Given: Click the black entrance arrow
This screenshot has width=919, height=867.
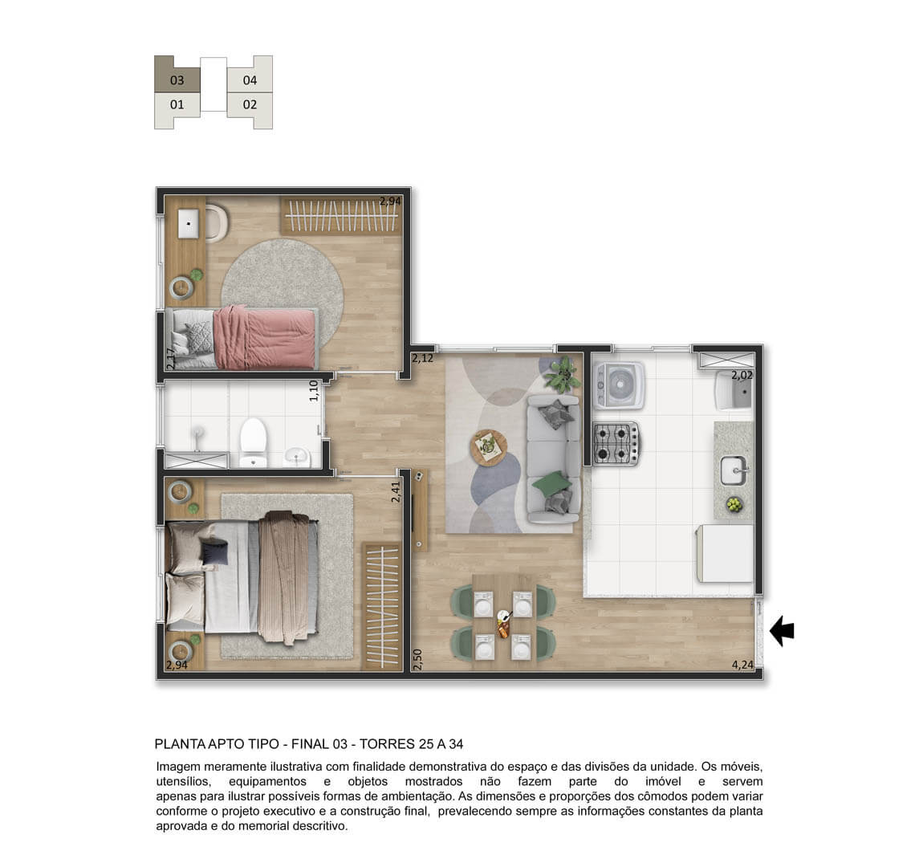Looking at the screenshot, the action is pyautogui.click(x=782, y=631).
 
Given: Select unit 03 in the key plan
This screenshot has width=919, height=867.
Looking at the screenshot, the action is pyautogui.click(x=177, y=79).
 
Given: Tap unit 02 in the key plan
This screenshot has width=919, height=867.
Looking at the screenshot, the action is pyautogui.click(x=250, y=104).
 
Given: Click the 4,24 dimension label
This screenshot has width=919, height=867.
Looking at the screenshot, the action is pyautogui.click(x=742, y=665).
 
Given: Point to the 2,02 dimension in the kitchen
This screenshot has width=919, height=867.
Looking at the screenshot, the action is pyautogui.click(x=742, y=375).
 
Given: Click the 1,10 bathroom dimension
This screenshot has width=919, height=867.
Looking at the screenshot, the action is pyautogui.click(x=314, y=390).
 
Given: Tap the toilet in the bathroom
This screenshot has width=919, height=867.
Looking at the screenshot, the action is pyautogui.click(x=253, y=442).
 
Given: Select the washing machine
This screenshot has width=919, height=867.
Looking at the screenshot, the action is pyautogui.click(x=619, y=385).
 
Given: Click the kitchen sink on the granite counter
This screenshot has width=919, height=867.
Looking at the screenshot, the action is pyautogui.click(x=734, y=470).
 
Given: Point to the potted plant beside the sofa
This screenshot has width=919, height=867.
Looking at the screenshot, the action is pyautogui.click(x=563, y=375).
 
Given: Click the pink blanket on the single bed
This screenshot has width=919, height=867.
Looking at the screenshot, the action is pyautogui.click(x=264, y=338).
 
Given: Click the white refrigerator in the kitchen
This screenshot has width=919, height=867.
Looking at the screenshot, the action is pyautogui.click(x=725, y=553).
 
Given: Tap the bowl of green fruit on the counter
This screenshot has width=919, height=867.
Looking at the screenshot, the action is pyautogui.click(x=734, y=504).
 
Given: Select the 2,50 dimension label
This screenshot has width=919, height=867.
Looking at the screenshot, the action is pyautogui.click(x=417, y=660).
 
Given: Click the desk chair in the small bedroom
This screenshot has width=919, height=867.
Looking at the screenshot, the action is pyautogui.click(x=216, y=222).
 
